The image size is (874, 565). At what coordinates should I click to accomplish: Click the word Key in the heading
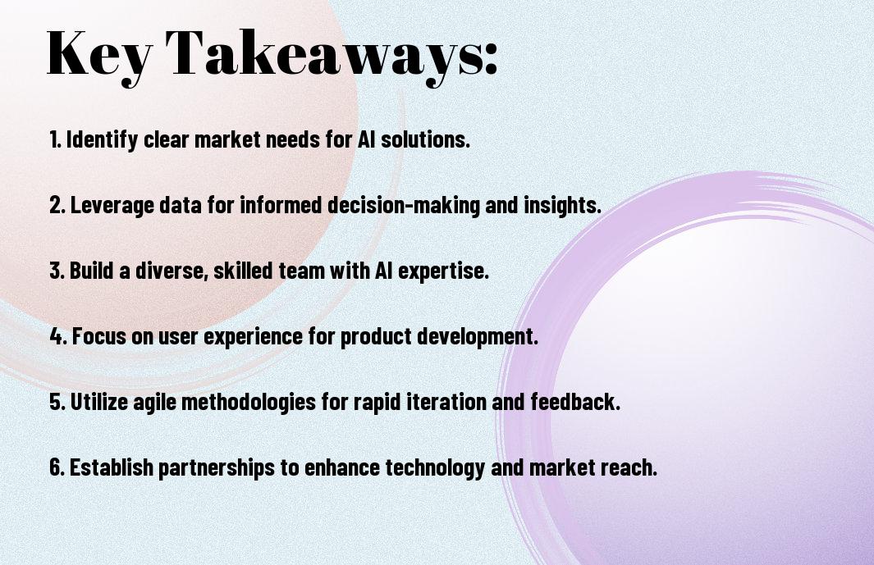(x=99, y=55)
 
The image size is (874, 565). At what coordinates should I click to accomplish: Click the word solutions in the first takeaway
(x=425, y=139)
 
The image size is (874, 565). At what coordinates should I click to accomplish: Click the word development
(x=478, y=337)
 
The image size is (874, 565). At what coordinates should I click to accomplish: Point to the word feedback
(x=575, y=402)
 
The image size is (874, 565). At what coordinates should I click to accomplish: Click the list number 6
(x=57, y=467)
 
